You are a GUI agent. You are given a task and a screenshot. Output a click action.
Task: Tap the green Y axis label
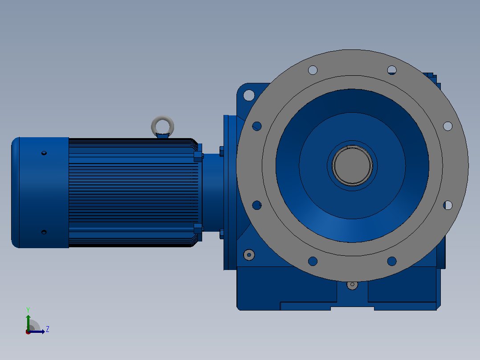(28, 310)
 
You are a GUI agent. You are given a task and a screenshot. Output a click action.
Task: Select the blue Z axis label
(48, 329)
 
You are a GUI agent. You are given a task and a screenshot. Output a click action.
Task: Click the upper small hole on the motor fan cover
(44, 153)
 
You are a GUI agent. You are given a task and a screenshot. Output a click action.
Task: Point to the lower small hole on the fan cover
(44, 232)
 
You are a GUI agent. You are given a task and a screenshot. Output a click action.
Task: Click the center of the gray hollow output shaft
(352, 165)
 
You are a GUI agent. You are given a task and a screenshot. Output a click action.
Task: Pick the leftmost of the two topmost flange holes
(313, 70)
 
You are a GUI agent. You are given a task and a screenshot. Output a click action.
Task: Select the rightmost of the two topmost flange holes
(392, 70)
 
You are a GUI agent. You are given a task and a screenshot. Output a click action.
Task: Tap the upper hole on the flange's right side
(447, 126)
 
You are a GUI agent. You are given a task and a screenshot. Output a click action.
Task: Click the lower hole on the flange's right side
(447, 205)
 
